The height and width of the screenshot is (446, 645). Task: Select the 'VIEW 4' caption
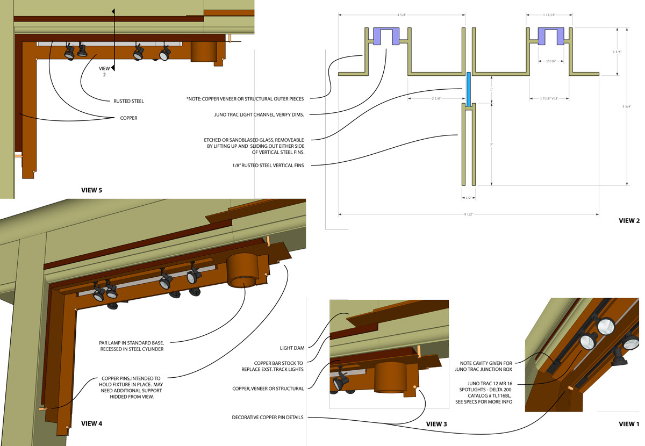click(x=91, y=423)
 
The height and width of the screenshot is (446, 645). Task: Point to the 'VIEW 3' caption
click(x=436, y=424)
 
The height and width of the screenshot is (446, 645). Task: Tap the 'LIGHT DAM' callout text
click(x=292, y=348)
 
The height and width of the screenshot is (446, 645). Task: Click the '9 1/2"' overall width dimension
click(x=469, y=214)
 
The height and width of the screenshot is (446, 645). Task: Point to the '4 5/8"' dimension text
click(x=401, y=15)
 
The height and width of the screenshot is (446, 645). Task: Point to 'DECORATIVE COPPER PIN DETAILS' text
click(x=267, y=417)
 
